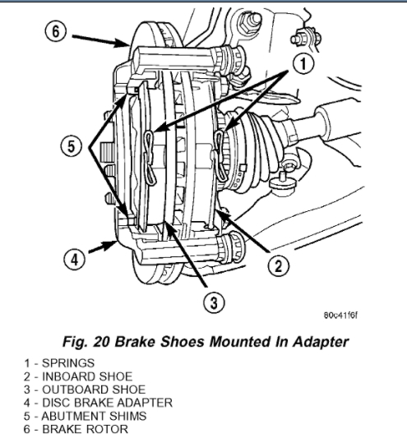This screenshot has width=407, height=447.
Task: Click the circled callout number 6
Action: pos(55,31)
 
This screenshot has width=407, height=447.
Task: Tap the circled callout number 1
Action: pos(303,63)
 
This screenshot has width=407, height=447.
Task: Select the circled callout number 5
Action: pos(71,146)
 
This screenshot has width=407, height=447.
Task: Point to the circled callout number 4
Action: pos(74,260)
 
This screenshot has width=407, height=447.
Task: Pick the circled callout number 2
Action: pos(279,265)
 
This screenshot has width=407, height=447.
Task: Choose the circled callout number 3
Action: pos(214,302)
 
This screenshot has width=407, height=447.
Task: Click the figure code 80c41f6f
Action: pos(340,316)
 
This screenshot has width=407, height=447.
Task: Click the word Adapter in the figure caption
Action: pos(321,342)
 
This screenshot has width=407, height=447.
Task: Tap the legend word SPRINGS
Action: pos(68,363)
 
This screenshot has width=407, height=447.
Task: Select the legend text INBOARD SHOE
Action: pos(87,376)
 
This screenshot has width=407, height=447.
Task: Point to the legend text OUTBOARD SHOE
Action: pos(94,389)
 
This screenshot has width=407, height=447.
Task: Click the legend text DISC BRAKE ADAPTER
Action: pos(107,403)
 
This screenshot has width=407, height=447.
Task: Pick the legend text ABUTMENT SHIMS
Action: pos(94,417)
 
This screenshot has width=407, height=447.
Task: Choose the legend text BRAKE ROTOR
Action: pos(85,429)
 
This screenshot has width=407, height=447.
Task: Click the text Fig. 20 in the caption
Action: pos(86,342)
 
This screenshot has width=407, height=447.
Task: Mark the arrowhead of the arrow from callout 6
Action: pos(125,43)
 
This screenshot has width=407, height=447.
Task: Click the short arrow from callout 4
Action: pos(103,247)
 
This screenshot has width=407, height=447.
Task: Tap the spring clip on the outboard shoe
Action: pos(150,158)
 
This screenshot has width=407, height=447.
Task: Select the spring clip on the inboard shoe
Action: pos(220,156)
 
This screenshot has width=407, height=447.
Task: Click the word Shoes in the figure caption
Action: pos(184,342)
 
